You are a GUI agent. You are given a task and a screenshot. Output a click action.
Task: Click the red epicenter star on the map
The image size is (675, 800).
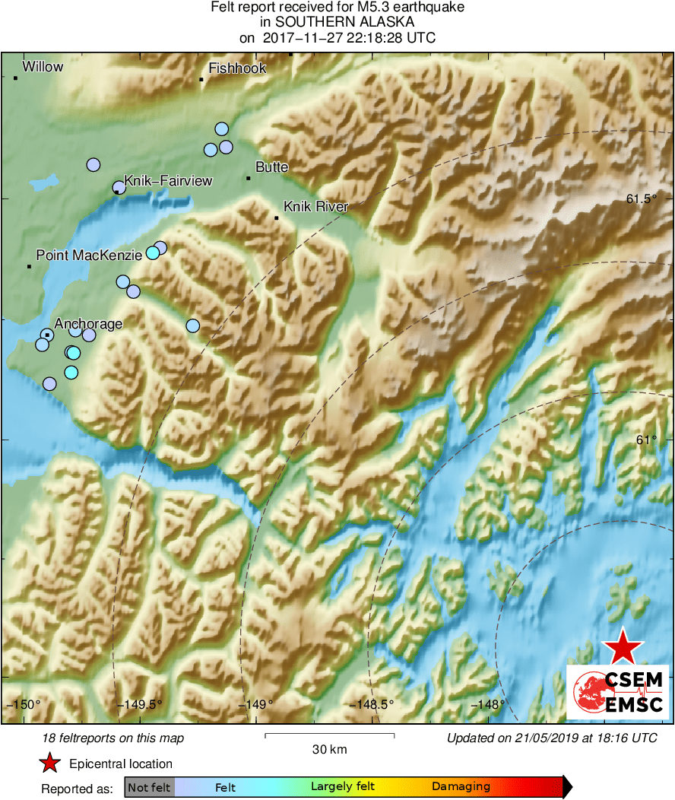tap(623, 646)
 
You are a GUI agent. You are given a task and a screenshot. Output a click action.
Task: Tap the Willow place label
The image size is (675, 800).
tap(43, 68)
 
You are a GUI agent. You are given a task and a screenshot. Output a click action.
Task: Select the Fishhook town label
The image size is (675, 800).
tap(237, 68)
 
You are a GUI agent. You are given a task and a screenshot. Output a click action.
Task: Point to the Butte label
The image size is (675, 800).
tap(272, 167)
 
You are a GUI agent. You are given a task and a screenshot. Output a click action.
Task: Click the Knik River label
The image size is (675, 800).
tap(315, 207)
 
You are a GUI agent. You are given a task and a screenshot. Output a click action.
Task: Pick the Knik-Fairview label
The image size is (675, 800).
tap(168, 181)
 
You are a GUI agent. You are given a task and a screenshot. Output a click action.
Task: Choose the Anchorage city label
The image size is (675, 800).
tap(88, 324)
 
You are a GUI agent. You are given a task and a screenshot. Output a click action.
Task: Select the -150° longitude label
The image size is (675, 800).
tap(24, 704)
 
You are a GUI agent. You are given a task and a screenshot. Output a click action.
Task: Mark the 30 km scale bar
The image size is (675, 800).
tap(329, 735)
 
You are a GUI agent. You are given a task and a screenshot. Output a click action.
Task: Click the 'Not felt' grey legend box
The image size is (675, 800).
tap(149, 787)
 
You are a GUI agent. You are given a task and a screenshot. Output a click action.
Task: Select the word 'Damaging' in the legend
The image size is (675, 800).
tap(461, 787)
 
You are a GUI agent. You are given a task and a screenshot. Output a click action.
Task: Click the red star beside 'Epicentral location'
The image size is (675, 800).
tap(49, 763)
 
